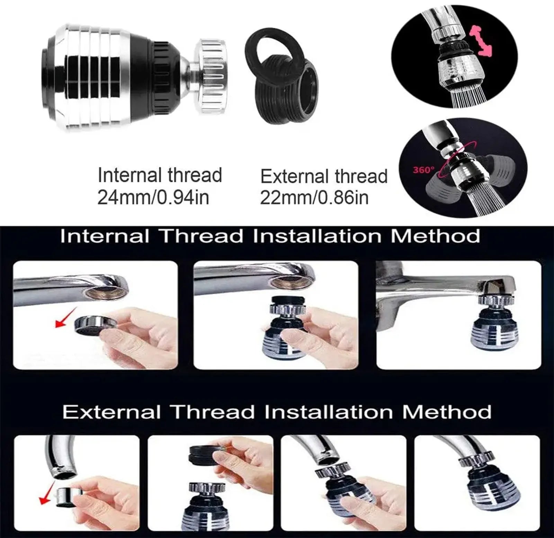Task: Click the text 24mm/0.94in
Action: (x=153, y=198)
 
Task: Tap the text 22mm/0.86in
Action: (x=314, y=198)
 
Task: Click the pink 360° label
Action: (x=423, y=170)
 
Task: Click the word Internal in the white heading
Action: (x=105, y=236)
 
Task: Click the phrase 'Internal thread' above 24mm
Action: (x=160, y=175)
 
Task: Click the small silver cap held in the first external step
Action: (x=66, y=494)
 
